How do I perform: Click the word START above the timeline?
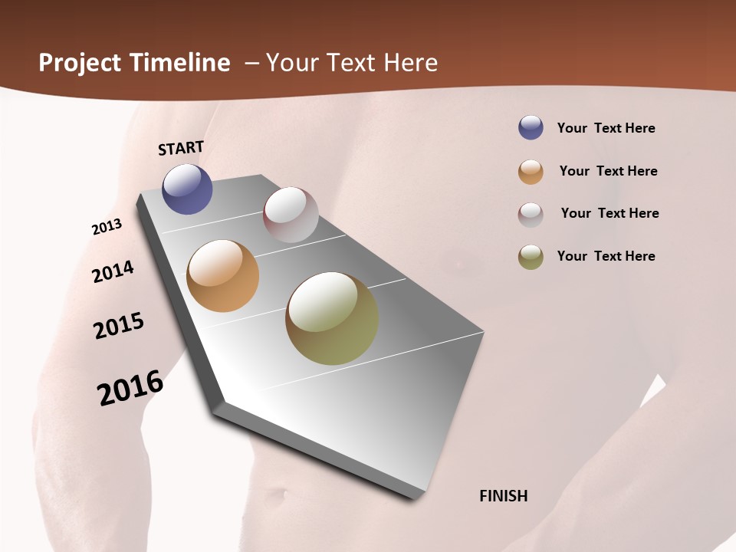181,148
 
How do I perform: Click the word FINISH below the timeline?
504,496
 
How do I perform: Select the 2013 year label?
107,227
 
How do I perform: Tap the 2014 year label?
113,271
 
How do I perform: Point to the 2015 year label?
119,326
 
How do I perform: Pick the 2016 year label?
130,387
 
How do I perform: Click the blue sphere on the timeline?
187,189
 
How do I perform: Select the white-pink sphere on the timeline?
291,215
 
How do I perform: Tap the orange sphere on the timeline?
222,276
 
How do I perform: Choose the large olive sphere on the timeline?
332,318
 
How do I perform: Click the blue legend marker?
531,128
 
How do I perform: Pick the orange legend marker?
531,172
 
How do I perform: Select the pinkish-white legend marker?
531,215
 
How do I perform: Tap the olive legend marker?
531,257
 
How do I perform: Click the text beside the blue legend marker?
606,128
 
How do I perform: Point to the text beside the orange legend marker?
609,171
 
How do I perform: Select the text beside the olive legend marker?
606,256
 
